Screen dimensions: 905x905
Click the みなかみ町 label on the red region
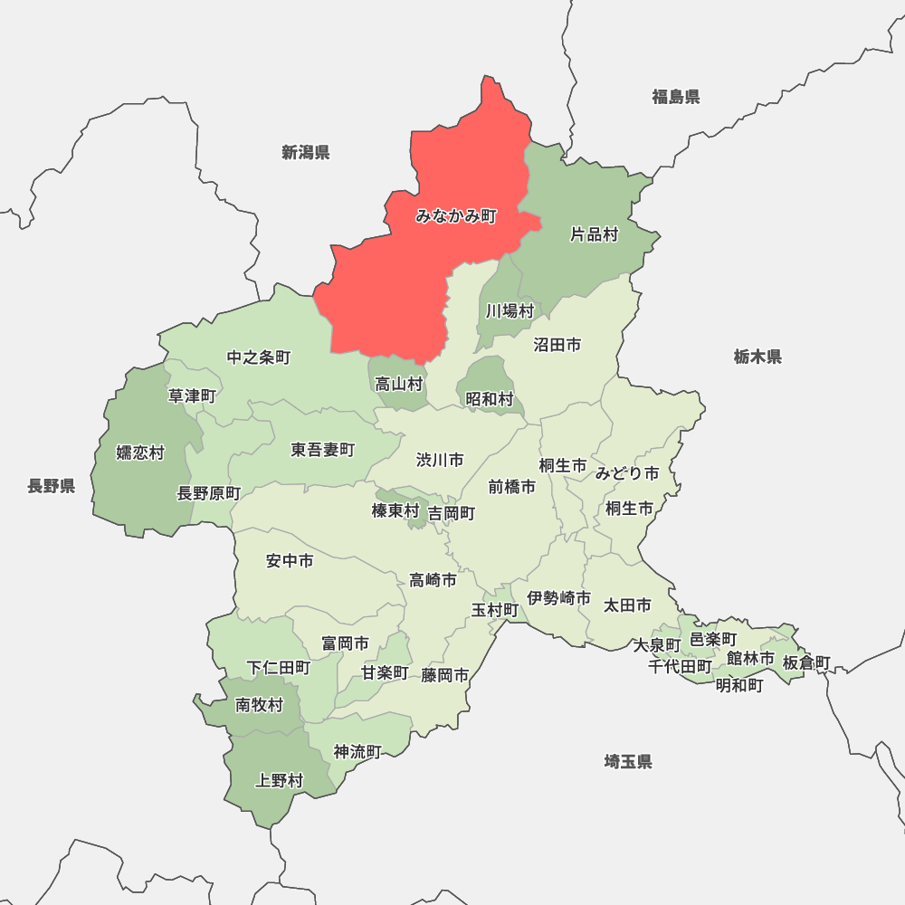[456, 216]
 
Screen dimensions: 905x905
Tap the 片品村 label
[594, 234]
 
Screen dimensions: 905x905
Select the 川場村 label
[510, 310]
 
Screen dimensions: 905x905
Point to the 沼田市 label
[557, 345]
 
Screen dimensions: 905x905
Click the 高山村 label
[399, 384]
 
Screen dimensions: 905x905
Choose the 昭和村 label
[490, 398]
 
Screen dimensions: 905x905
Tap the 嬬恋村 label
[140, 452]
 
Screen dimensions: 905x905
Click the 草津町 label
[193, 395]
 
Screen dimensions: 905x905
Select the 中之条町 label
[259, 357]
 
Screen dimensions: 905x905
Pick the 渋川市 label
[440, 461]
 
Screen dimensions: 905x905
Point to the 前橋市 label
[512, 487]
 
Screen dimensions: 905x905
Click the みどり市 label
[627, 473]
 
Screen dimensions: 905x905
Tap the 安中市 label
[290, 561]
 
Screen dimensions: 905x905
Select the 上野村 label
[280, 780]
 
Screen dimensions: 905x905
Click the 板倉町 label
[805, 662]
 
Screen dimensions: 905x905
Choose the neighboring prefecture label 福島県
[676, 97]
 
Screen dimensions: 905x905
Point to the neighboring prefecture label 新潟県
[305, 152]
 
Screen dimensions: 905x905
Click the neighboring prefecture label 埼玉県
[628, 762]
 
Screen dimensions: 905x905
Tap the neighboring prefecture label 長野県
[51, 487]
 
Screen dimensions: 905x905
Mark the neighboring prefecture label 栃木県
[757, 357]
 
